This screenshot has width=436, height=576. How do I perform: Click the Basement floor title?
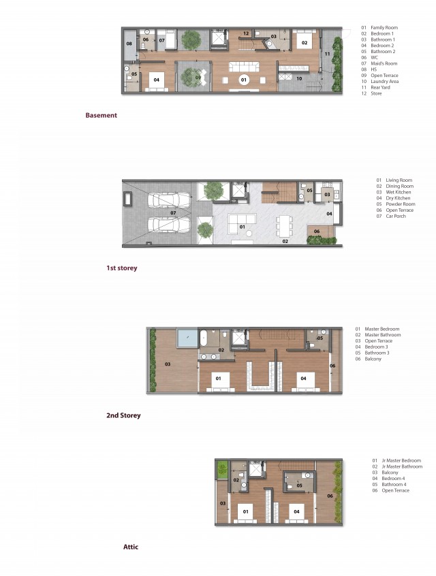coord(101,115)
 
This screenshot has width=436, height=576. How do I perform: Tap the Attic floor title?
coord(131,547)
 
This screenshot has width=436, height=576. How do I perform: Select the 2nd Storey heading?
coord(123,415)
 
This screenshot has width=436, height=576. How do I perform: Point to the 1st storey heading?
coord(122,268)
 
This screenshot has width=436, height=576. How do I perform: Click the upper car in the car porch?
coord(169,201)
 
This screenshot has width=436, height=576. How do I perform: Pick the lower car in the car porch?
coord(169,225)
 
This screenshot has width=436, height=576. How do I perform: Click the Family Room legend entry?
coord(379,27)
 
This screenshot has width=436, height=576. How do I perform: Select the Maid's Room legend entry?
coord(379,63)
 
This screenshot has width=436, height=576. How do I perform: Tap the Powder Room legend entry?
coord(396,204)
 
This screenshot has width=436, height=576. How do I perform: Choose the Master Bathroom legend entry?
coord(378,335)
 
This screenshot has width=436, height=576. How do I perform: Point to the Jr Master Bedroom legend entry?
coord(396,461)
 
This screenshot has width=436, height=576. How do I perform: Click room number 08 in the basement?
coord(129,44)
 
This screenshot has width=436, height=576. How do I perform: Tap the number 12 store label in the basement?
coord(246,33)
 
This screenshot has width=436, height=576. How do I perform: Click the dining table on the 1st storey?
coord(285,226)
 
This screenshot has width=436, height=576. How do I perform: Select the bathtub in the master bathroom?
coord(204,338)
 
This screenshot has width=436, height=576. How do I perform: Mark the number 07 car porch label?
coord(173,212)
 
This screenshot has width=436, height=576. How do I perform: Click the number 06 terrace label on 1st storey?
coord(317,231)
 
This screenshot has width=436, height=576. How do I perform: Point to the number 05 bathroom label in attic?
coord(299,485)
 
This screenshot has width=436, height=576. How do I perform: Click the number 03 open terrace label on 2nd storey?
coord(168,364)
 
